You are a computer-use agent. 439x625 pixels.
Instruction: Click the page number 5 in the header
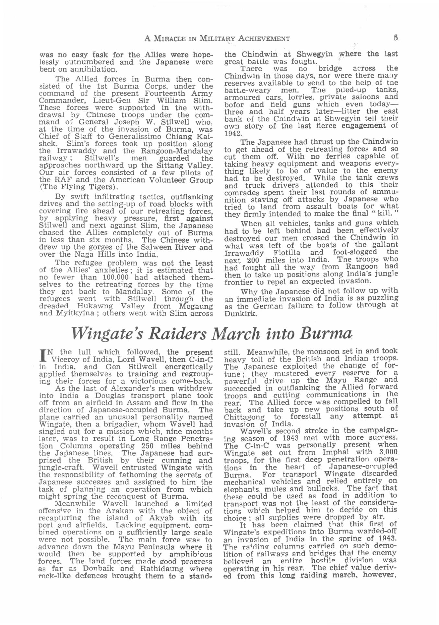click(x=396, y=38)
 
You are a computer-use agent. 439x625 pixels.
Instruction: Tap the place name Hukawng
click(x=94, y=306)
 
